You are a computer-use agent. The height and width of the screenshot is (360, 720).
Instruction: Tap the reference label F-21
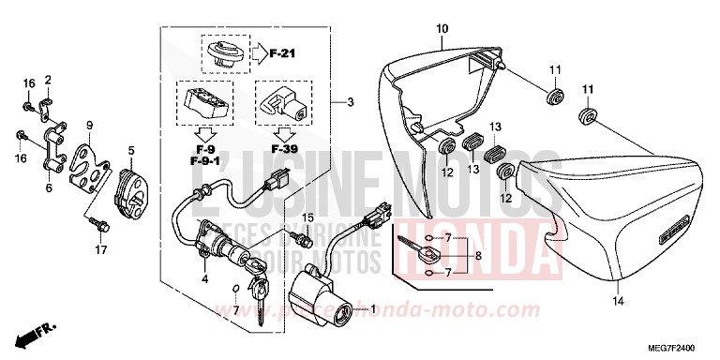281,53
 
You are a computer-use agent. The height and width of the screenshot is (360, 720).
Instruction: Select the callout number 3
350,102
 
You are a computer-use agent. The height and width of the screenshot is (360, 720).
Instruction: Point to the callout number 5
131,150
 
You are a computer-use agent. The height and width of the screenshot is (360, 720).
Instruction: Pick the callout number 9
89,126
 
